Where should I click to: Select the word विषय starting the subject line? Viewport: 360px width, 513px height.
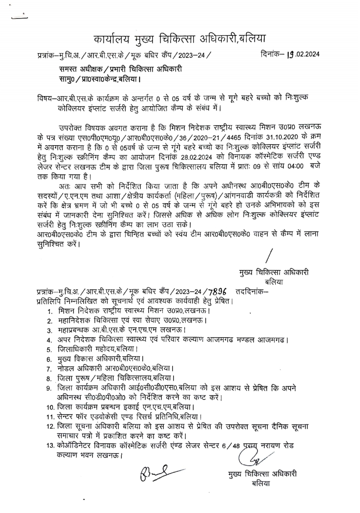coord(45,98)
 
